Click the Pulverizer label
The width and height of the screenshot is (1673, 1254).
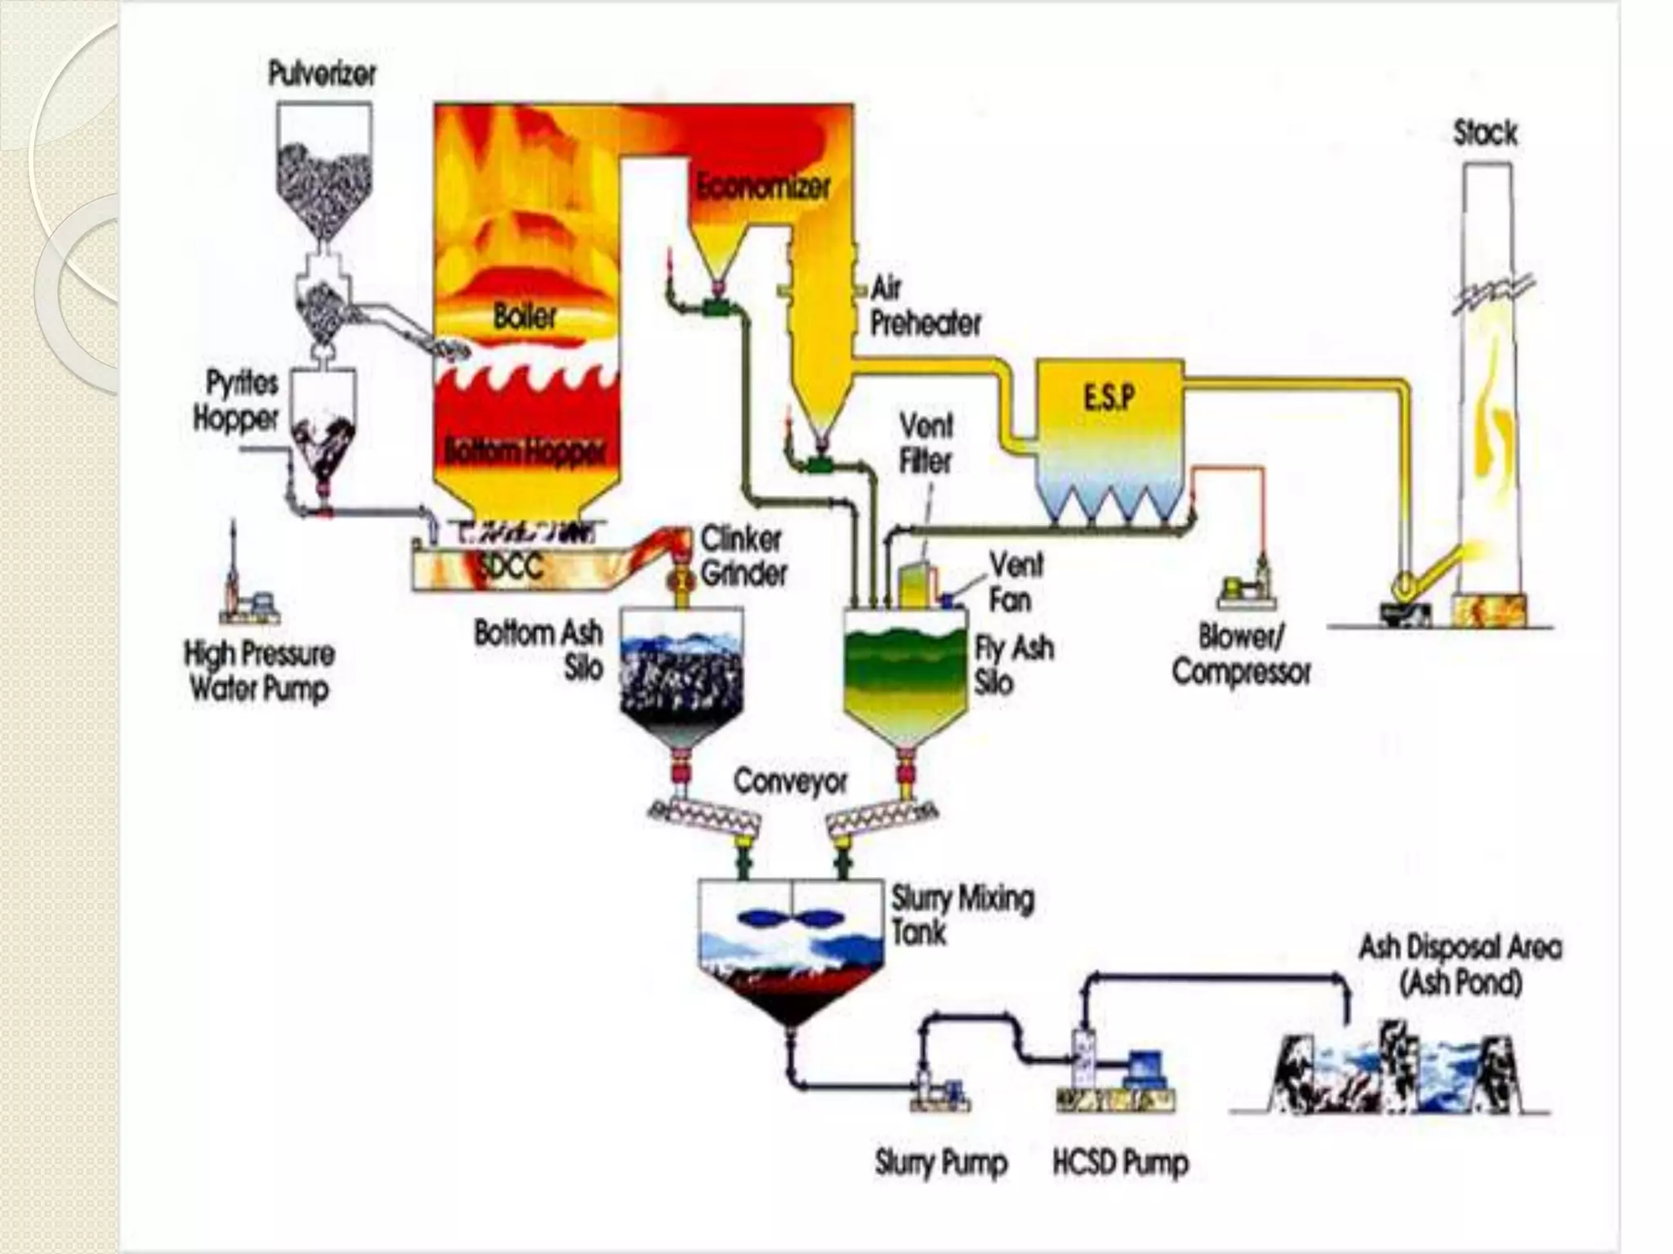tap(322, 75)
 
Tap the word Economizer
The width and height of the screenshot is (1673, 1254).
tap(763, 188)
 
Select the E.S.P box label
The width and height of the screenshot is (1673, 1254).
tap(1109, 399)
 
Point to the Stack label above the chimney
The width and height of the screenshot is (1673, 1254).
tap(1485, 133)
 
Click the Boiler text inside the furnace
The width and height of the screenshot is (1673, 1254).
tap(524, 317)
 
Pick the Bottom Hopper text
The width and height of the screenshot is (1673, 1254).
tap(524, 451)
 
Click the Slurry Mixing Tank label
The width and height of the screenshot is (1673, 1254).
tap(961, 915)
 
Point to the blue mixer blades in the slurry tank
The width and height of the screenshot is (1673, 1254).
tap(791, 918)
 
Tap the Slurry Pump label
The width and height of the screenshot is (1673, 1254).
tap(940, 1162)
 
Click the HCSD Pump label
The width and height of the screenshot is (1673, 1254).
tap(1120, 1162)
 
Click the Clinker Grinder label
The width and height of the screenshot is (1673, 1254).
tap(743, 556)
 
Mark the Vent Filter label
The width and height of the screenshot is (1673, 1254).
tap(926, 443)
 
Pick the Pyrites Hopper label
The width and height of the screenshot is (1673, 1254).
tap(235, 401)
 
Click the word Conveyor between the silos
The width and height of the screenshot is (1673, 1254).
tap(790, 781)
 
